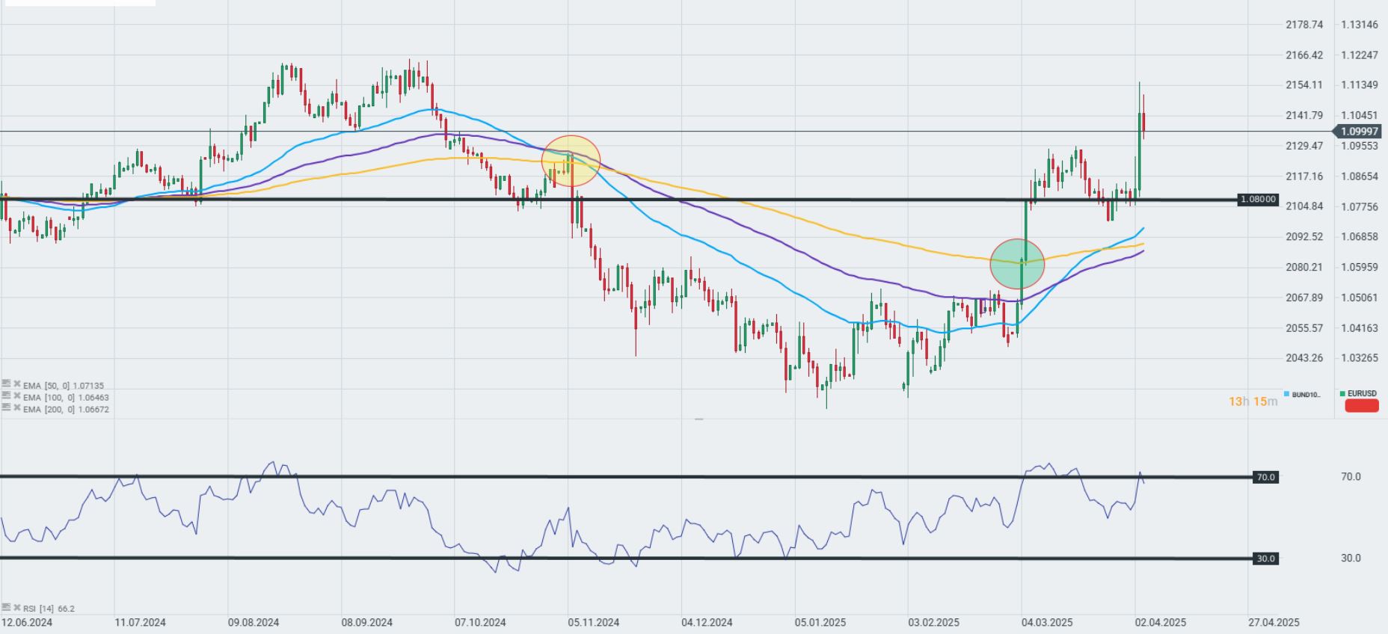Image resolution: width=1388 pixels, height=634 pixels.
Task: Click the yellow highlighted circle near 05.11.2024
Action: (x=571, y=161)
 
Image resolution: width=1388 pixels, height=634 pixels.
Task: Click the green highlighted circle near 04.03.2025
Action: (x=1017, y=264)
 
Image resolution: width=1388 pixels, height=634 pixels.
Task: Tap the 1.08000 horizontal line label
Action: (x=1258, y=200)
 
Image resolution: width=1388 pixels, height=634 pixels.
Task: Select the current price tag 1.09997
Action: (x=1358, y=132)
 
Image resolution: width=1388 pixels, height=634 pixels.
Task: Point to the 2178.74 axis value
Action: (x=1304, y=25)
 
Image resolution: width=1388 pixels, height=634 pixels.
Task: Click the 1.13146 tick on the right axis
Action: (x=1359, y=25)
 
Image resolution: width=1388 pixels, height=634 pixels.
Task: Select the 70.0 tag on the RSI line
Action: (x=1265, y=477)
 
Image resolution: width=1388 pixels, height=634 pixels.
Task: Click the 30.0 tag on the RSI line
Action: (x=1265, y=558)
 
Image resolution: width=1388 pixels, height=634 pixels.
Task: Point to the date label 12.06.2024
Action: (x=27, y=622)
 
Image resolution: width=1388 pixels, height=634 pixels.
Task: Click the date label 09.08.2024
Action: (x=254, y=622)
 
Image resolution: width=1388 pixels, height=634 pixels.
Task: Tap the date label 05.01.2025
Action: (x=820, y=622)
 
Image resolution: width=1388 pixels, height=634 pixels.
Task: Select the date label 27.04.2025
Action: (x=1274, y=622)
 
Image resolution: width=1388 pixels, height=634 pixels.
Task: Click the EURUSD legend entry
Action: (x=1360, y=394)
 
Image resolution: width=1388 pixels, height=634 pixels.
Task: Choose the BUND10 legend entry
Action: (x=1303, y=394)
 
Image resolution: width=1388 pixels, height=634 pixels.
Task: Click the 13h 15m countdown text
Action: (x=1253, y=401)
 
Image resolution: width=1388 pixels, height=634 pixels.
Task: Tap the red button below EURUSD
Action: (x=1361, y=406)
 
